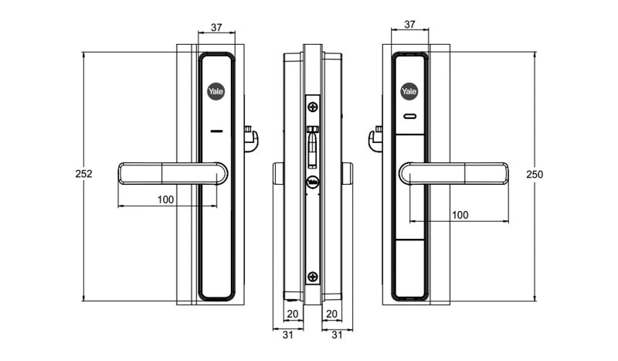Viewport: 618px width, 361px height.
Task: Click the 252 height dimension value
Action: [84, 174]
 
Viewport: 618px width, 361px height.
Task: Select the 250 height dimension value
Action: [534, 174]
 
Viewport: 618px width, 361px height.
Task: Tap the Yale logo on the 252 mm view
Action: [216, 91]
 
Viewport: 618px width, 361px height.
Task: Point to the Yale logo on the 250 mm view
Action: [409, 91]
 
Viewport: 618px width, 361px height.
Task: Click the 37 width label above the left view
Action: [216, 27]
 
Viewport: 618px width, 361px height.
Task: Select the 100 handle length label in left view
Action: [165, 199]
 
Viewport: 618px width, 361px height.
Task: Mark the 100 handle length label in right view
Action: [460, 214]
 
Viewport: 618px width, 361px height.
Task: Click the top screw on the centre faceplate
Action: [312, 105]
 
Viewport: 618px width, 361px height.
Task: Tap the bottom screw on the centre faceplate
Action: [312, 276]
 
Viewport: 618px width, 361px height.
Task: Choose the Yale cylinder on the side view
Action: [312, 182]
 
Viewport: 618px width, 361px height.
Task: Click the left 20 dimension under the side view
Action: [292, 314]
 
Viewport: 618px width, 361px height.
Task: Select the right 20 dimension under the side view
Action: [331, 314]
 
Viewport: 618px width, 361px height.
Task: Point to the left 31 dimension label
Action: [287, 335]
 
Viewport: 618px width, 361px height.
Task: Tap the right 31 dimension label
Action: [337, 335]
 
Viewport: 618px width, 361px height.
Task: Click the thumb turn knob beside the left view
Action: [251, 139]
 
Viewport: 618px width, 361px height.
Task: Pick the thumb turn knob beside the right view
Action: [375, 139]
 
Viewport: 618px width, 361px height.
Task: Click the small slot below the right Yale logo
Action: [409, 117]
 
